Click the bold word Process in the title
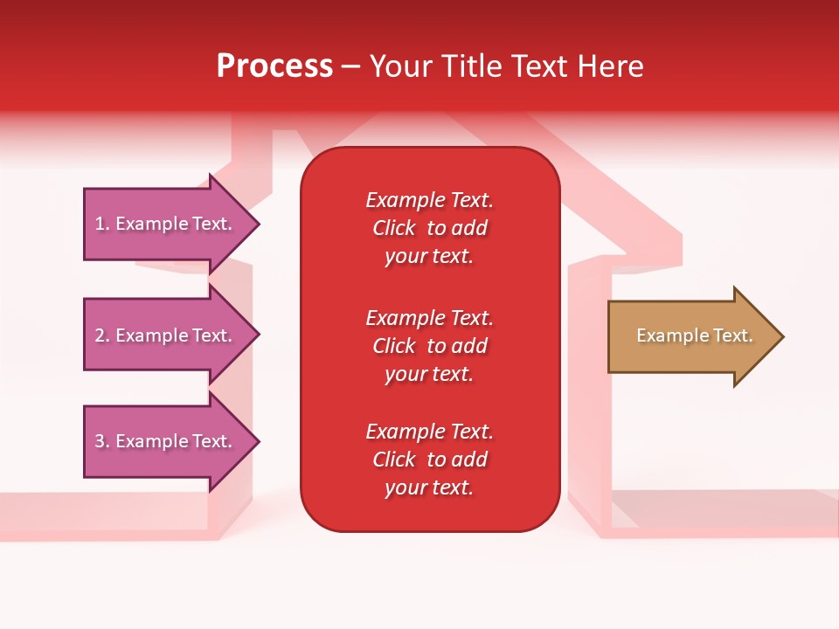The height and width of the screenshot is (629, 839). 274,66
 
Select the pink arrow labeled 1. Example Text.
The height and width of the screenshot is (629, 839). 166,224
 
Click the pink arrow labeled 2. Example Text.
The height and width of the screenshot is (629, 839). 166,335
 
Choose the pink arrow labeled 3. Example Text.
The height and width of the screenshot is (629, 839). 166,441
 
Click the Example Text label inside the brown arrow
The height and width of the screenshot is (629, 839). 695,335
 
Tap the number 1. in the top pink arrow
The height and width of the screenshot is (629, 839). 102,224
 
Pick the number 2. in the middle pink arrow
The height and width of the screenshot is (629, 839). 102,335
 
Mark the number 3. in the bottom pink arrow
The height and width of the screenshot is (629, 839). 102,441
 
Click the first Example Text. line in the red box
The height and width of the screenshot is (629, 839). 429,200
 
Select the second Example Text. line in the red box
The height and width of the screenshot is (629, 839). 429,318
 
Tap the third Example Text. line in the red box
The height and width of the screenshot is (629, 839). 429,432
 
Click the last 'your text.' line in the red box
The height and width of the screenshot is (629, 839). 429,487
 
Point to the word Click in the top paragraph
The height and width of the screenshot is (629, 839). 394,228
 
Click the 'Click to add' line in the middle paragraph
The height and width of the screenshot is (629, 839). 429,346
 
